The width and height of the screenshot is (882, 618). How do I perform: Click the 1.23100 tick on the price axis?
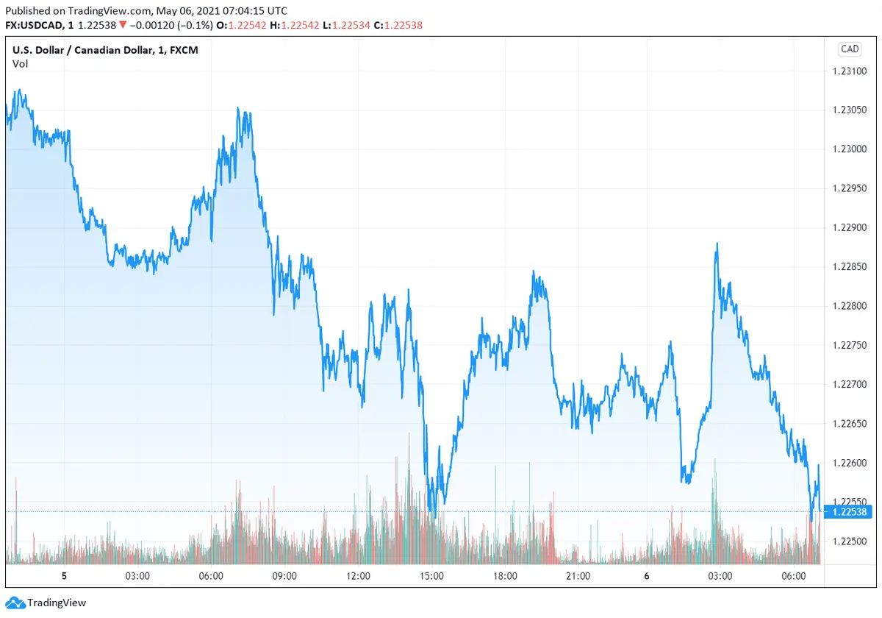click(849, 71)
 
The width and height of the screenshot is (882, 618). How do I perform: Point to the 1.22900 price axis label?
click(849, 227)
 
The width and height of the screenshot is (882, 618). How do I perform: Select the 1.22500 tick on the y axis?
click(849, 541)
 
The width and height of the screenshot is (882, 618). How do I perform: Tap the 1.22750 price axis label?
click(849, 345)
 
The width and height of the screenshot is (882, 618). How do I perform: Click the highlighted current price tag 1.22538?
click(849, 511)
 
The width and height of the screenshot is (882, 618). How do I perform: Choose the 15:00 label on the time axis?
click(431, 576)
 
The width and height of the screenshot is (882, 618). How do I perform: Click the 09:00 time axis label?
click(284, 576)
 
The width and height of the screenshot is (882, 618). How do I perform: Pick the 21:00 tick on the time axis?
click(578, 576)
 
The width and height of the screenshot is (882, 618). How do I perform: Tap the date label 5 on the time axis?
click(64, 576)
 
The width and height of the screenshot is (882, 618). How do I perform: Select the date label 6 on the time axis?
click(646, 576)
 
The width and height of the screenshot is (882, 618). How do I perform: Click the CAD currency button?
click(849, 49)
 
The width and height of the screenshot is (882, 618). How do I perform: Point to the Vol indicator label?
click(20, 64)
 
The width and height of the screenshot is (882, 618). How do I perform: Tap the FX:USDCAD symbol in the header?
click(37, 25)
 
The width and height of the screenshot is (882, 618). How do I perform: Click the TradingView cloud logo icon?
click(15, 603)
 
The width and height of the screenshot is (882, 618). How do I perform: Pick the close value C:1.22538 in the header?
click(398, 25)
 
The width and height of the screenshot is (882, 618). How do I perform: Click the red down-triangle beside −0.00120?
click(122, 25)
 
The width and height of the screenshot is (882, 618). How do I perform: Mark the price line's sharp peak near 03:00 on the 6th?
click(717, 244)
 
